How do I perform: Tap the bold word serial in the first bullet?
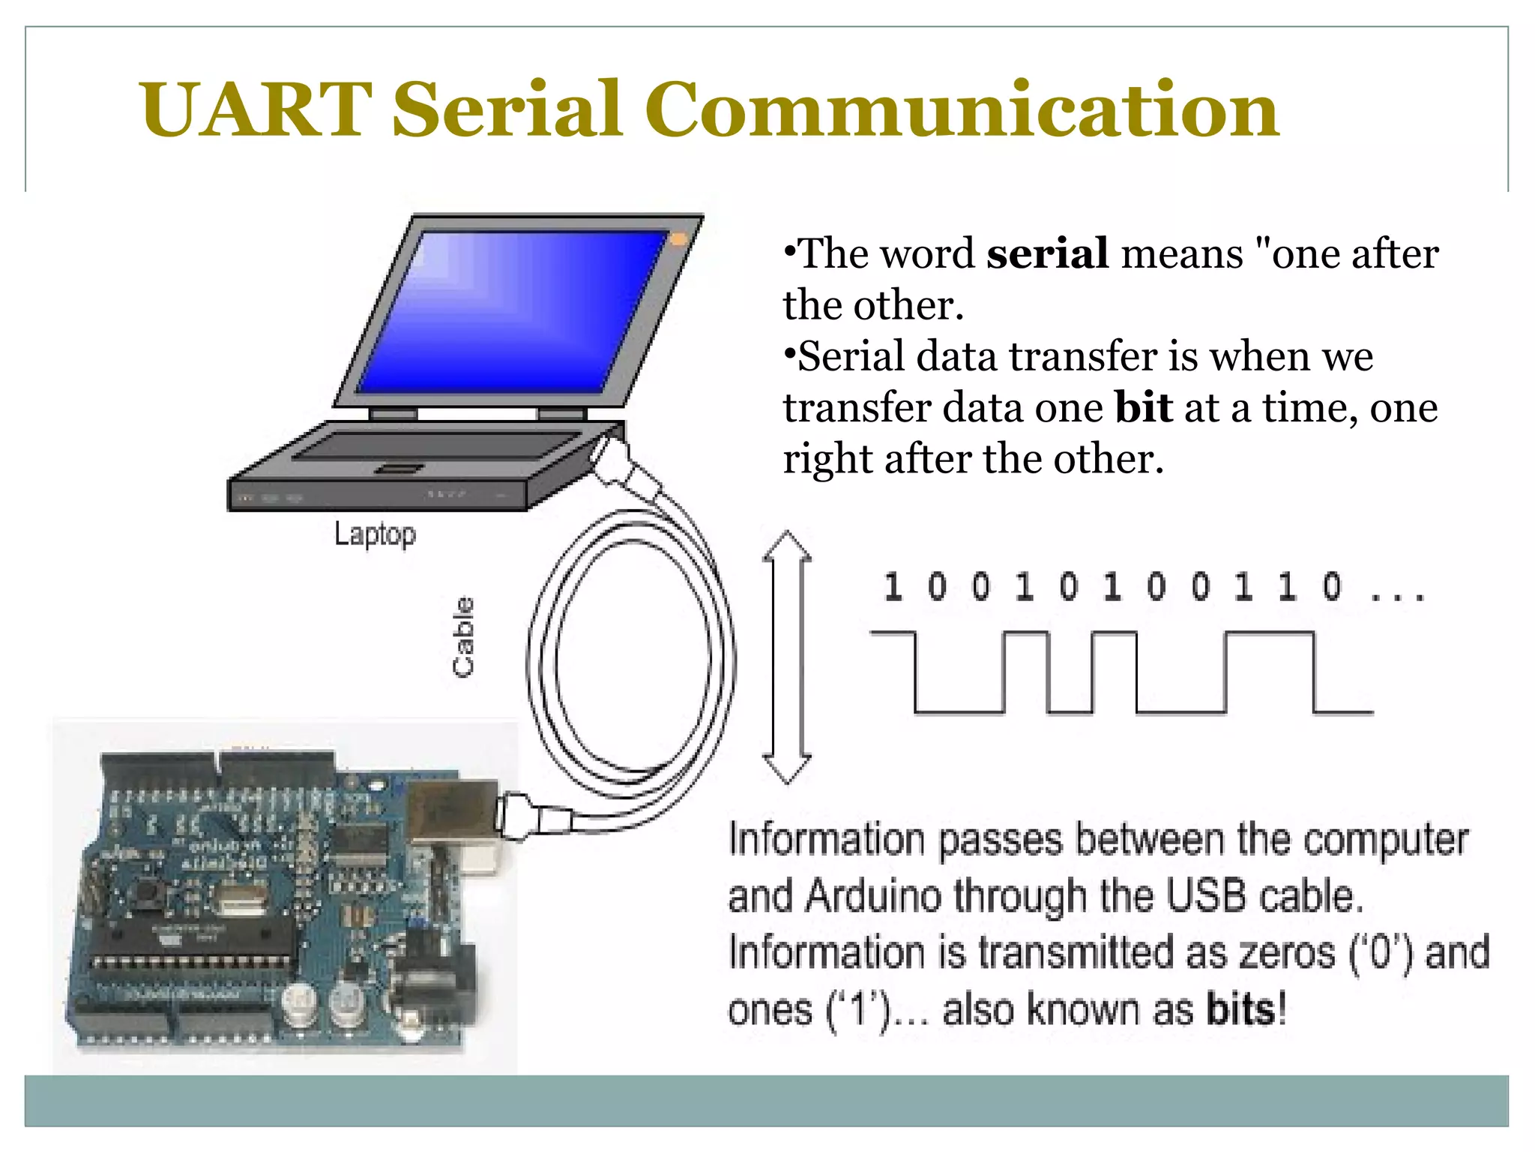1047,253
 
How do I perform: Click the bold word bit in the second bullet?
1143,408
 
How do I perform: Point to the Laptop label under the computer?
375,534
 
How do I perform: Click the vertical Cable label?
464,637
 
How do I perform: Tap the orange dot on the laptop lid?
678,238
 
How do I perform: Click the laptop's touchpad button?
399,469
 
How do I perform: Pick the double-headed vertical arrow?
786,657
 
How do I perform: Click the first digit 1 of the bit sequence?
892,586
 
